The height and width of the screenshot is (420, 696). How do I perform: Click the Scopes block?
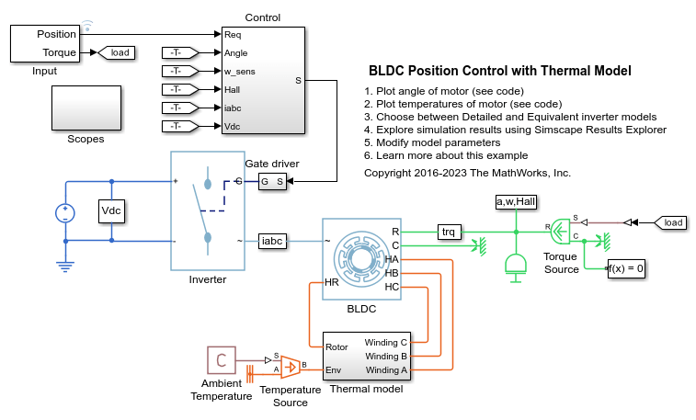pyautogui.click(x=86, y=108)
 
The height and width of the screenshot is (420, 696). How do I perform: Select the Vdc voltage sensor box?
pyautogui.click(x=111, y=210)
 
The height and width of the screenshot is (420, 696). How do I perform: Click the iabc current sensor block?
pyautogui.click(x=274, y=240)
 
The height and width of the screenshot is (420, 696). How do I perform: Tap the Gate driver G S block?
pyautogui.click(x=272, y=182)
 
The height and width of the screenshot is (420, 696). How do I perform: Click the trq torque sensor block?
pyautogui.click(x=449, y=231)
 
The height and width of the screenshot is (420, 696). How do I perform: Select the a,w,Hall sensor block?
pyautogui.click(x=515, y=201)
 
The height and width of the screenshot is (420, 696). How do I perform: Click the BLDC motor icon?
pyautogui.click(x=355, y=260)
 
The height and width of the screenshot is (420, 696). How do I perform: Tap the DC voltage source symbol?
pyautogui.click(x=65, y=212)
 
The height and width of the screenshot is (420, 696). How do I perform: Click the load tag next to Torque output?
pyautogui.click(x=119, y=52)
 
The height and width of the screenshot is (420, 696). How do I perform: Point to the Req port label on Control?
pyautogui.click(x=234, y=35)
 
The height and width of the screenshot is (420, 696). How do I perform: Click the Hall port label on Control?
pyautogui.click(x=234, y=89)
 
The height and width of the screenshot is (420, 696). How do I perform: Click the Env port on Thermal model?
pyautogui.click(x=334, y=369)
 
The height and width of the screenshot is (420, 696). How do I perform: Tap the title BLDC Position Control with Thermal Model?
pyautogui.click(x=499, y=70)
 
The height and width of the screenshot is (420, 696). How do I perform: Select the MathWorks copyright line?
pyautogui.click(x=467, y=172)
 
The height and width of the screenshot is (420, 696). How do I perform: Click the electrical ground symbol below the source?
pyautogui.click(x=65, y=267)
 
